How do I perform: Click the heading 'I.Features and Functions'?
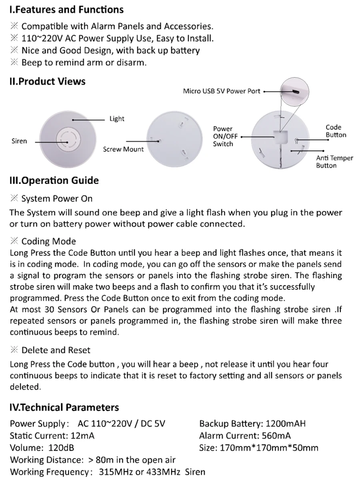coord(66,10)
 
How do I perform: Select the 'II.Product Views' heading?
coord(47,82)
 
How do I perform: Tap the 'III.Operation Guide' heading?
coord(54,181)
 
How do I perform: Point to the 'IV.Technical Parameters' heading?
coord(64,408)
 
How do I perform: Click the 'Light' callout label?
coord(117,119)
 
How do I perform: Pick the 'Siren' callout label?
coord(19,141)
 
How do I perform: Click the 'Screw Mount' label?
coord(123,149)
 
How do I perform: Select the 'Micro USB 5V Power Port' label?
coord(222,91)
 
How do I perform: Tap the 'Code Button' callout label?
coord(336,131)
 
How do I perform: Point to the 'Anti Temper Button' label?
coord(334,162)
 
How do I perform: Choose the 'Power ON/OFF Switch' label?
coord(225,137)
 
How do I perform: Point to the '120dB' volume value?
coord(61,448)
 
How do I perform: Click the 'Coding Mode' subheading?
coord(48,241)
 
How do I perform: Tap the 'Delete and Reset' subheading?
coord(56,350)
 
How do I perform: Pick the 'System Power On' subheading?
coord(57,199)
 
